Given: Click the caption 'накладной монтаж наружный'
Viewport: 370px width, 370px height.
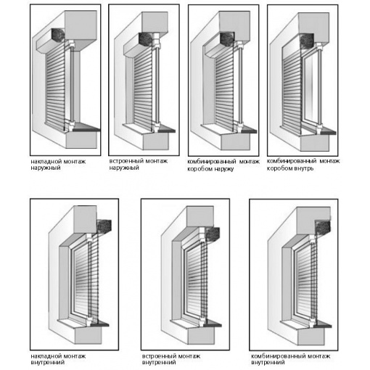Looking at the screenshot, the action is click(x=58, y=165).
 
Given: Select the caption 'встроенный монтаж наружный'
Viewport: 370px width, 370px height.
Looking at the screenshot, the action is click(x=138, y=164).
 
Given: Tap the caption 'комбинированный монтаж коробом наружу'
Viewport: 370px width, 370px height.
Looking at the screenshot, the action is click(x=223, y=165).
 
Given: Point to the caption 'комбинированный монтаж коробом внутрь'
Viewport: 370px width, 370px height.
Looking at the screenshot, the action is click(x=303, y=165).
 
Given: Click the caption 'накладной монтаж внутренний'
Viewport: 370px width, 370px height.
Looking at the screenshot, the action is click(x=58, y=359).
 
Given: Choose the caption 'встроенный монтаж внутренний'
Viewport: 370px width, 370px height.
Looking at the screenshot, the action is click(x=171, y=359).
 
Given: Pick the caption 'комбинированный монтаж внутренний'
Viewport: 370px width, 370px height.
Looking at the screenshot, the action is click(x=290, y=359).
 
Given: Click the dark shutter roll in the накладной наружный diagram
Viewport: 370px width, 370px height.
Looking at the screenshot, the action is click(x=58, y=35).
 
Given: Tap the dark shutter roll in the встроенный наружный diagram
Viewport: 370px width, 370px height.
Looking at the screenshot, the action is click(x=145, y=39).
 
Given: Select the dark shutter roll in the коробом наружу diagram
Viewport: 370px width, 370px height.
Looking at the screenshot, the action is click(x=227, y=39).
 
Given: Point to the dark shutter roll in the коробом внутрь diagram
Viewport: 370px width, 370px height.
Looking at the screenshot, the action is click(x=306, y=41).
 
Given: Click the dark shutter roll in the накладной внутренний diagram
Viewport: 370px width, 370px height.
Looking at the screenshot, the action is click(x=104, y=226).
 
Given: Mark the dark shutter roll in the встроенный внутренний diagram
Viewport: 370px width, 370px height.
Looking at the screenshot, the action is click(x=213, y=234).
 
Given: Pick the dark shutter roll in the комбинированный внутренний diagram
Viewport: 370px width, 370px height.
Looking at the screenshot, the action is click(x=323, y=227).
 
